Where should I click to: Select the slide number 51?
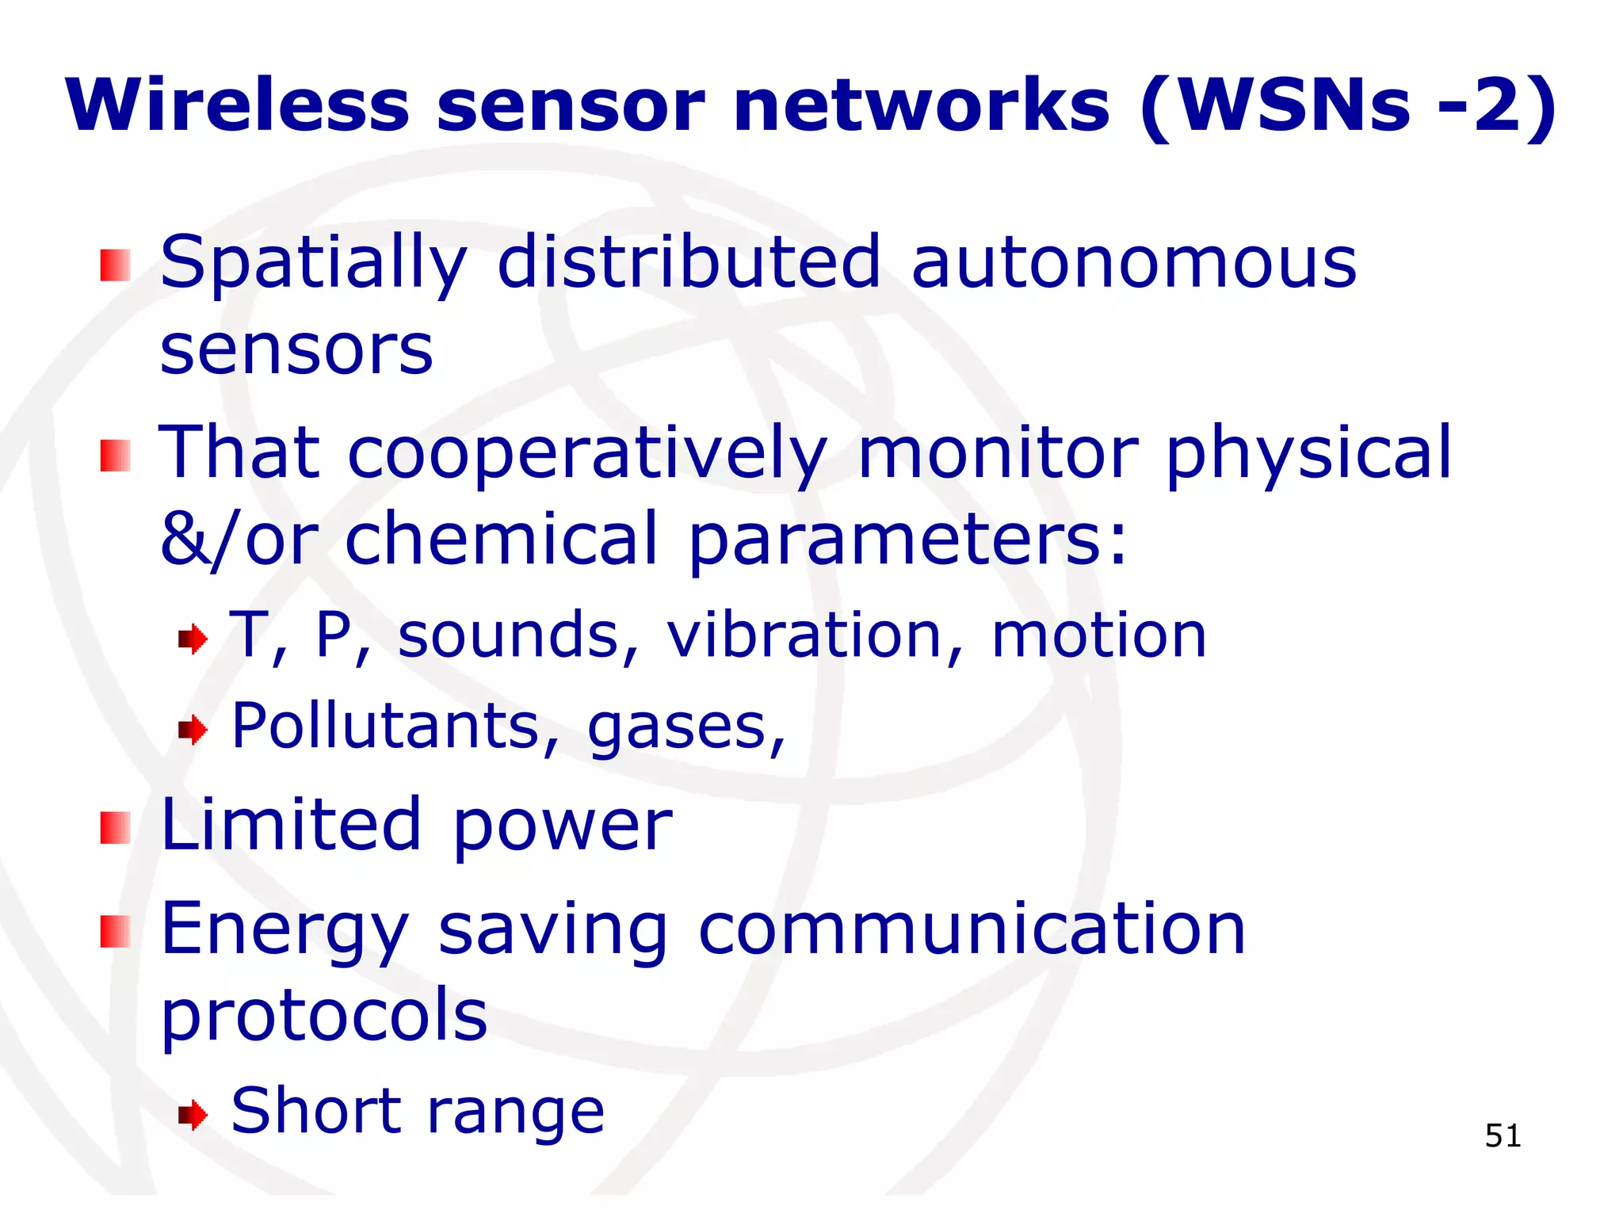[1503, 1135]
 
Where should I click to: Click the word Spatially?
[314, 264]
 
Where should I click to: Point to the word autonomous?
[1134, 262]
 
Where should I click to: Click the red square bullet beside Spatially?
[115, 265]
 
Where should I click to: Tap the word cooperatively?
[587, 452]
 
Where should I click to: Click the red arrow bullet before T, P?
[193, 639]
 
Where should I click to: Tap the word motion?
[1098, 635]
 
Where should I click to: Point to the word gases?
[686, 727]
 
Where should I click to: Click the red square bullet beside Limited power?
[115, 828]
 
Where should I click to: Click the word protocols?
[324, 1016]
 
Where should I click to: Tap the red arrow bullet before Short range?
[193, 1116]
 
